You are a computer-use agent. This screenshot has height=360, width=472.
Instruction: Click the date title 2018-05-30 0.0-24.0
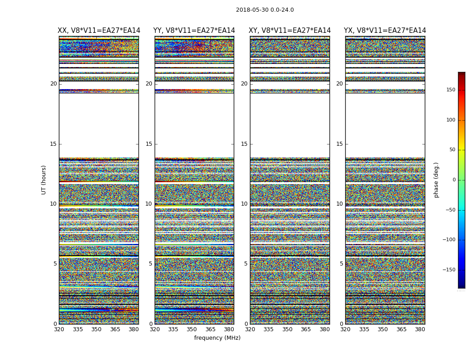tap(265, 10)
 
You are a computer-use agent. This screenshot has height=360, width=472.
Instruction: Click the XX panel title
tap(99, 31)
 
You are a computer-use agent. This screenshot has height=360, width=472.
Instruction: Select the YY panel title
tap(194, 31)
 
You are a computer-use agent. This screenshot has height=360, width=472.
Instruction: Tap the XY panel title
tap(290, 31)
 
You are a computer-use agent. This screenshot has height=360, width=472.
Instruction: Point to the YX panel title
tap(385, 31)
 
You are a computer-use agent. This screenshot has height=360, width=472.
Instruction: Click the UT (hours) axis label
tap(44, 180)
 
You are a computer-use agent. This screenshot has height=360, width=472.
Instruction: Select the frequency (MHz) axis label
tap(217, 338)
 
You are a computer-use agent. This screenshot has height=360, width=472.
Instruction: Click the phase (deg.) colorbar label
tap(436, 180)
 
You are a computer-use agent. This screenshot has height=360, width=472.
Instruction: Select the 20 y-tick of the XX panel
tap(53, 84)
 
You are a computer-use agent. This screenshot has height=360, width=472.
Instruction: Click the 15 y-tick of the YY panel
tap(149, 144)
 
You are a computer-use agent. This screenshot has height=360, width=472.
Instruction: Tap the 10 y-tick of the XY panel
tap(244, 204)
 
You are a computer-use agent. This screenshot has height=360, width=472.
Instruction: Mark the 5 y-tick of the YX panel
tap(341, 264)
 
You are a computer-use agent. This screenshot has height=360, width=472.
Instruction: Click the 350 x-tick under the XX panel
tap(97, 329)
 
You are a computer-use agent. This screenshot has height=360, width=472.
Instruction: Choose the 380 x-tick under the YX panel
tap(420, 329)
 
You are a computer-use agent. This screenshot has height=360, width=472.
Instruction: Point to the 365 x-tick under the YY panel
tap(211, 329)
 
